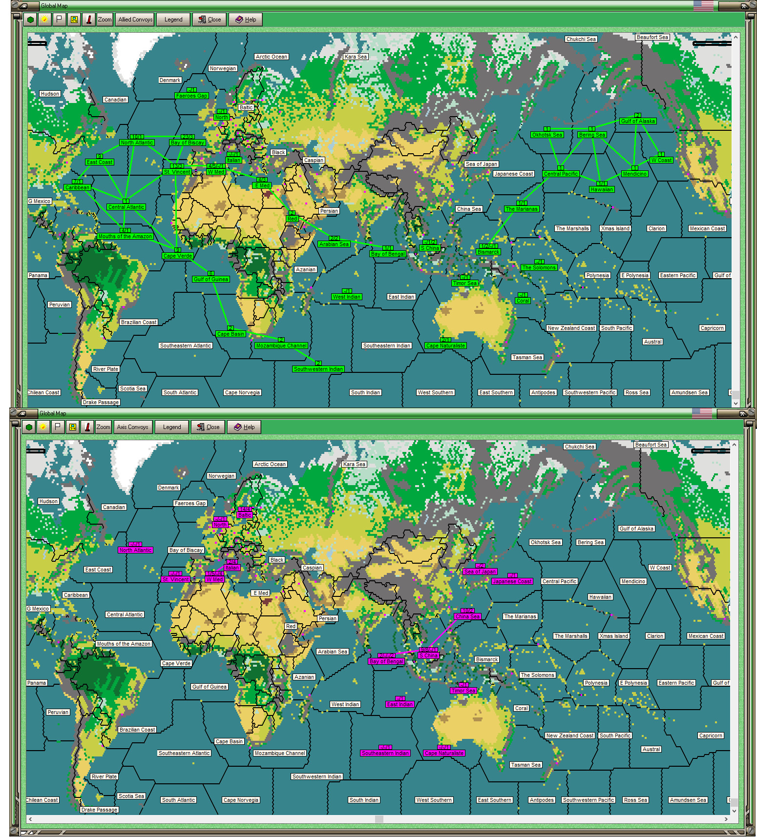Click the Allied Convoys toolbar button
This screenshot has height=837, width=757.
tap(135, 20)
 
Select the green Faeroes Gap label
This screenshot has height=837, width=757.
tap(191, 96)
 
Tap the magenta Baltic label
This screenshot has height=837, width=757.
tap(244, 515)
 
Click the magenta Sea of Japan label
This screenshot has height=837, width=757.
tap(480, 572)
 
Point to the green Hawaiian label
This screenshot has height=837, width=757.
tap(601, 189)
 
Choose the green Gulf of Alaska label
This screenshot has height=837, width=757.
tap(637, 121)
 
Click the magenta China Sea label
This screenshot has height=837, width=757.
tap(467, 616)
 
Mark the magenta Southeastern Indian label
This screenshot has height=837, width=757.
tap(385, 753)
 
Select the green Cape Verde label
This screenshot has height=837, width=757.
tap(178, 256)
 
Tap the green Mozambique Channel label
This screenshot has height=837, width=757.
tap(281, 346)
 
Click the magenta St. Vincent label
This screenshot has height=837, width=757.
tap(175, 579)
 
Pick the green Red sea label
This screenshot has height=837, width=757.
tap(292, 219)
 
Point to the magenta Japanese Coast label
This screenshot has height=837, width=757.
tap(512, 581)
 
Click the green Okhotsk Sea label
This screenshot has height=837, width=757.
tap(547, 135)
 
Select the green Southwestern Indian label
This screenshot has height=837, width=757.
tap(318, 369)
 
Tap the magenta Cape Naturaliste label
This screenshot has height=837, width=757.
tap(444, 753)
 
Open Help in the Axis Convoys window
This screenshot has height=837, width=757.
tap(244, 427)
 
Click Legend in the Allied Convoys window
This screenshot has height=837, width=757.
tap(173, 20)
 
